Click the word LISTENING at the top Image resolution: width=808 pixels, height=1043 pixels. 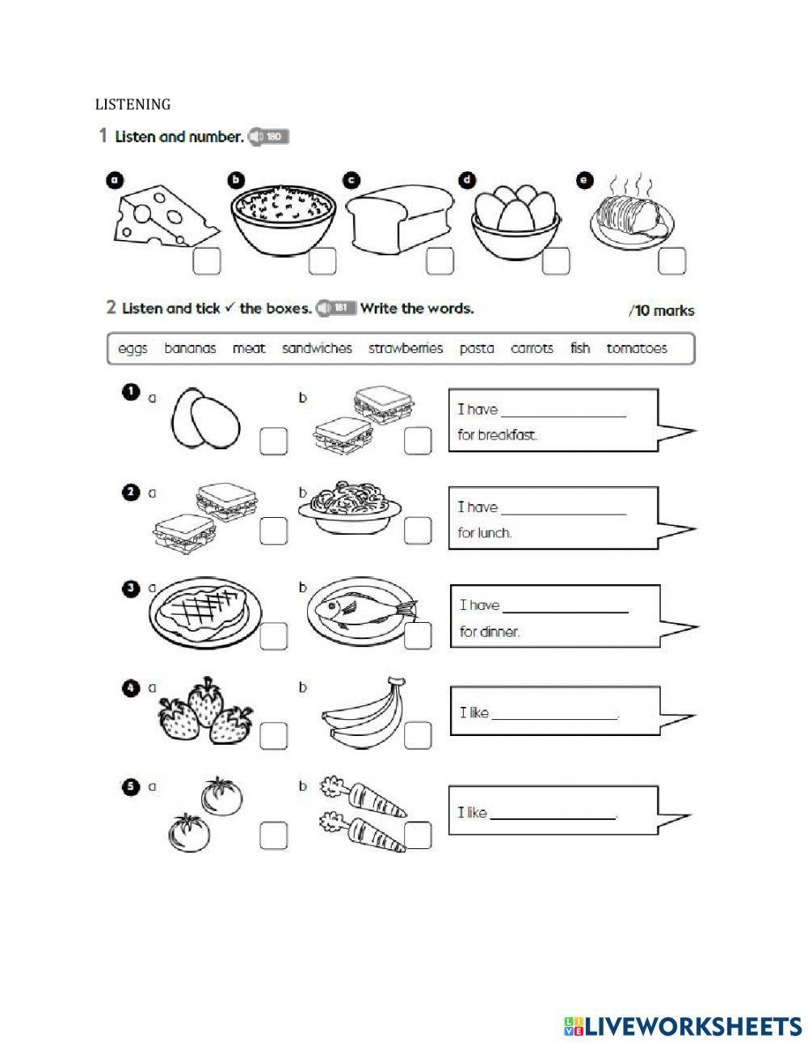click(133, 104)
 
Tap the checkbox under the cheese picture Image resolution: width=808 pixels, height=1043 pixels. click(207, 261)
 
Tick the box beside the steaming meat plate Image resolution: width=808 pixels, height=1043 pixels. click(671, 261)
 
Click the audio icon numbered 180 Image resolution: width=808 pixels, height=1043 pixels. click(268, 137)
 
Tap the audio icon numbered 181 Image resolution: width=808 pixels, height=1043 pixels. click(336, 308)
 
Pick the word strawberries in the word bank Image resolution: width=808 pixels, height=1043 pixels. click(406, 349)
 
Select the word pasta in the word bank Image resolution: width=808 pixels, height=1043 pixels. click(477, 349)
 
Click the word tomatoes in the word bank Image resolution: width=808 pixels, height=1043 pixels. click(637, 349)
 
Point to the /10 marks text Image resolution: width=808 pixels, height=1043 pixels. click(660, 310)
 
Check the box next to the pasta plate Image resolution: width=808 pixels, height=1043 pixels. click(418, 530)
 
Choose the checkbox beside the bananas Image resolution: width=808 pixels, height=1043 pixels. click(418, 735)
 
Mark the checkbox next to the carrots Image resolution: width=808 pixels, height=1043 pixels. click(418, 835)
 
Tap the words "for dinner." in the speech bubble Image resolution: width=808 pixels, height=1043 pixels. click(489, 632)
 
